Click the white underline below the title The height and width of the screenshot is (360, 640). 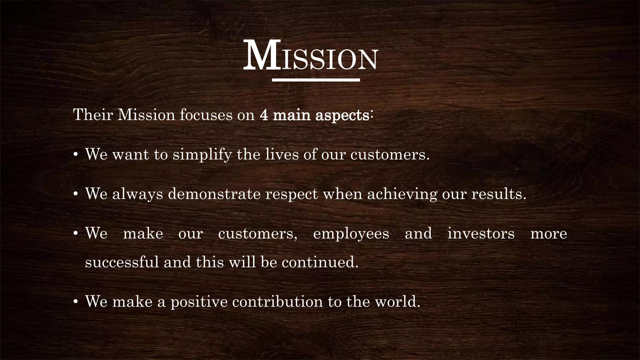[x=316, y=80]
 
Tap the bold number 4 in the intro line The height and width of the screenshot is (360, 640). [x=264, y=115]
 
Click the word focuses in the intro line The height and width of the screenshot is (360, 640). [x=206, y=115]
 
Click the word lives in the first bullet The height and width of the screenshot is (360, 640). [x=282, y=154]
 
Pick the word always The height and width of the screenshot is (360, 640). [x=137, y=194]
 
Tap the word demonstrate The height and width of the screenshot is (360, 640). [x=214, y=194]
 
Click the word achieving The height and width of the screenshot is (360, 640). [x=402, y=194]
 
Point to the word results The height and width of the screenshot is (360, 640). [x=499, y=194]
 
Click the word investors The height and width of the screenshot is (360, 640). [x=481, y=234]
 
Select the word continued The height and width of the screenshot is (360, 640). [x=320, y=262]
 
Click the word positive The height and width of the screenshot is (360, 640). [x=199, y=302]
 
